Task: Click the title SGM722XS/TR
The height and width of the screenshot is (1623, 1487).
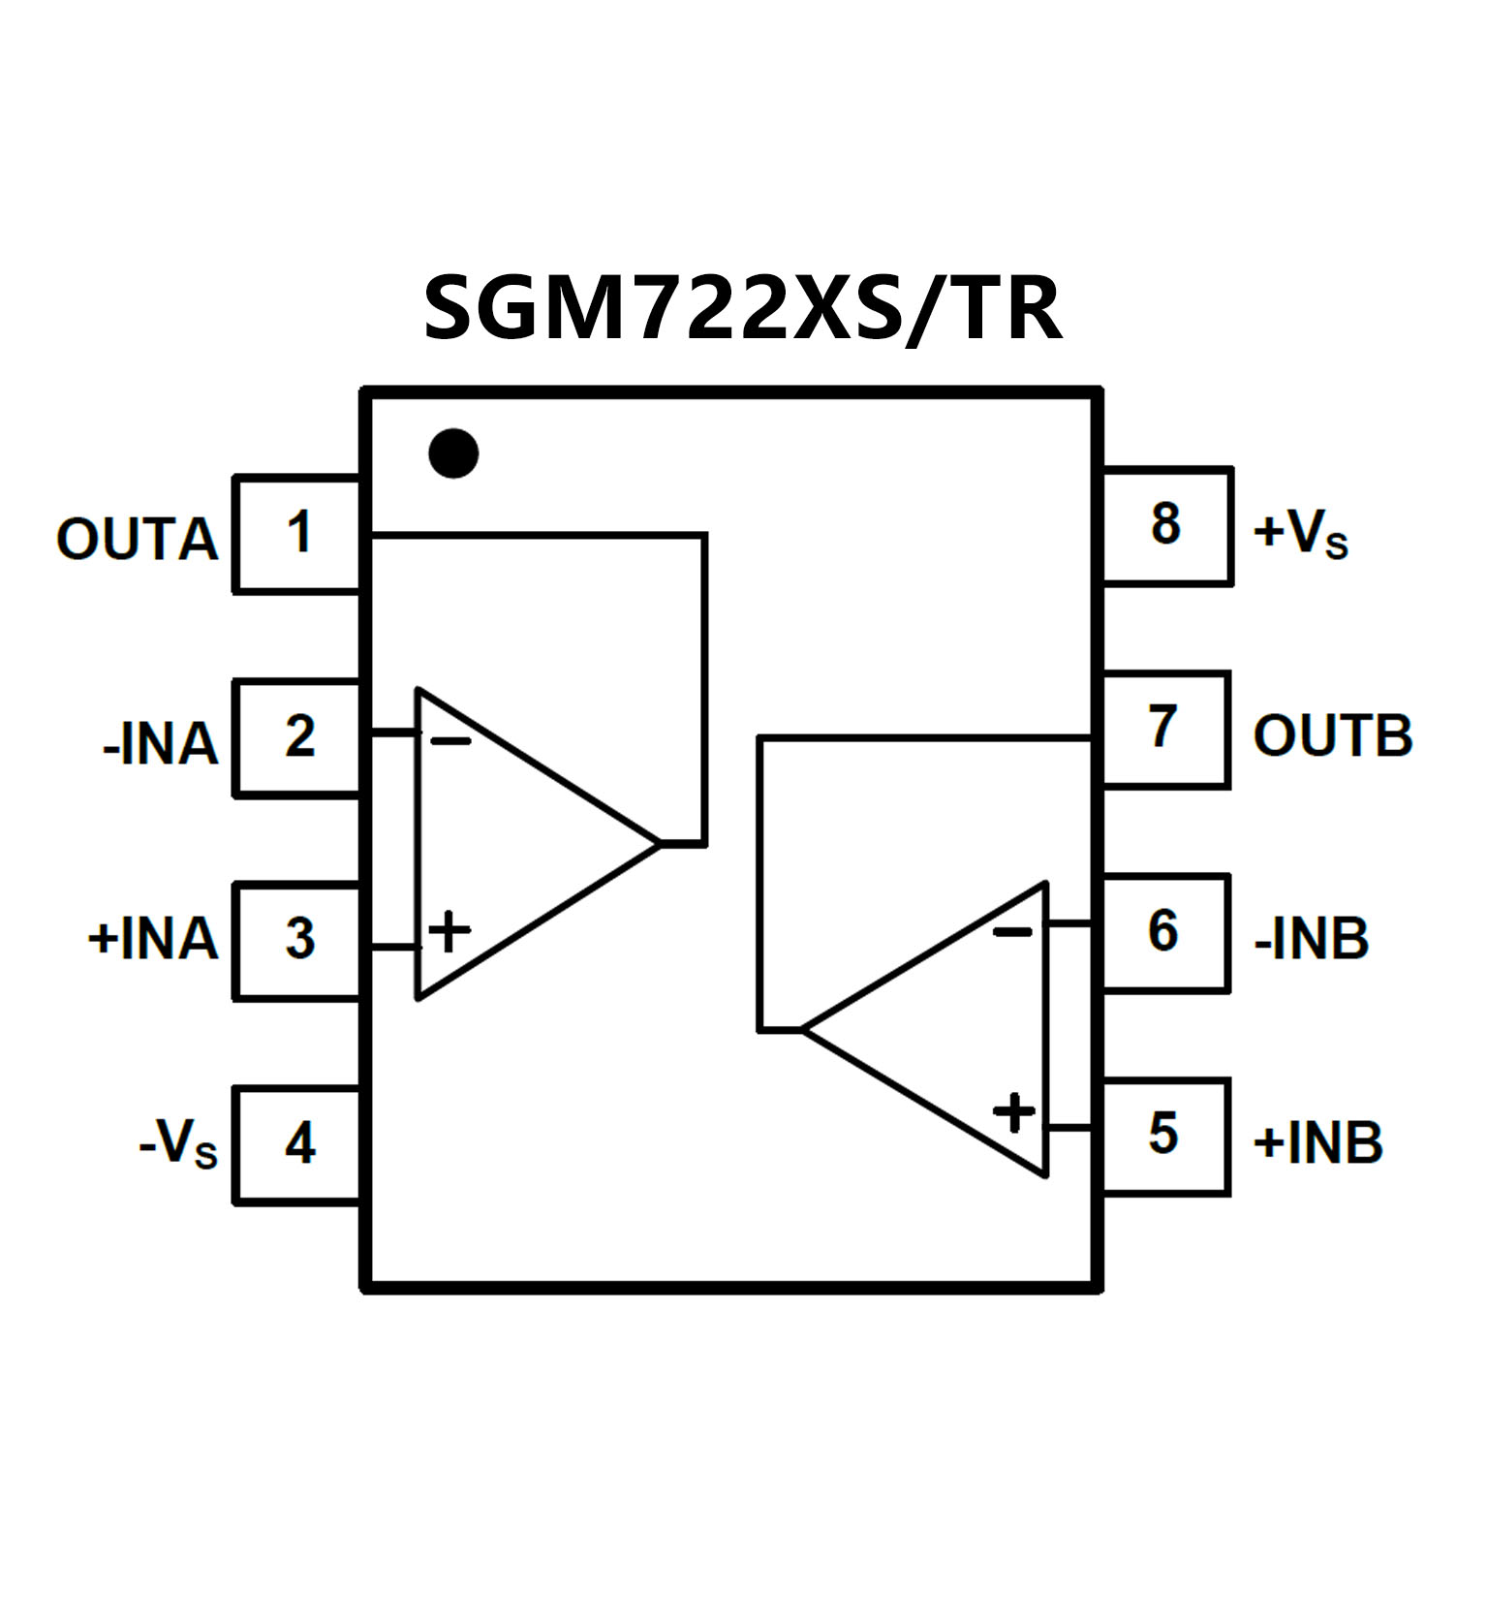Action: coord(743,308)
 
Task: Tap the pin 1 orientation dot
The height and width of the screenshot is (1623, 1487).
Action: coord(453,453)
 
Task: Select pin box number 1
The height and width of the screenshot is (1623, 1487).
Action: coord(298,533)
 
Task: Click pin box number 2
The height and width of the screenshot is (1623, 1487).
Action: coord(298,737)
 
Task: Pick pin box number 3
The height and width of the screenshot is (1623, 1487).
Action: coord(298,940)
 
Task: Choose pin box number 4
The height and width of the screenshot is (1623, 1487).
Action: coord(298,1144)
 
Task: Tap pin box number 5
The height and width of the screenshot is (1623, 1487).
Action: coord(1163,1135)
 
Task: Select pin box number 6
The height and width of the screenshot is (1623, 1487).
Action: coord(1163,932)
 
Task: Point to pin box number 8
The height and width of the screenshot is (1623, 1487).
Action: coord(1165,525)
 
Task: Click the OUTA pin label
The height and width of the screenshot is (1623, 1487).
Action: coord(137,540)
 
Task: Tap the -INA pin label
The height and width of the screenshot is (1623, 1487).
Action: coord(160,745)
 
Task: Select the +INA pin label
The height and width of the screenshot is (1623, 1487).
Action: coord(153,939)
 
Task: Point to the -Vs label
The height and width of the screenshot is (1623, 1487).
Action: coord(178,1144)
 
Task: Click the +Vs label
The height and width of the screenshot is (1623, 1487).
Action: coord(1300,534)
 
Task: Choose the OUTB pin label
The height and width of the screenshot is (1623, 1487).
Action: coord(1333,736)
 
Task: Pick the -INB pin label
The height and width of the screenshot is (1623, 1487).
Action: coord(1312,939)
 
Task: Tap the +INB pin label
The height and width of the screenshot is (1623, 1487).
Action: coord(1317,1143)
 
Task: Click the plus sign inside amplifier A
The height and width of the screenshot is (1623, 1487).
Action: coord(449,932)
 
